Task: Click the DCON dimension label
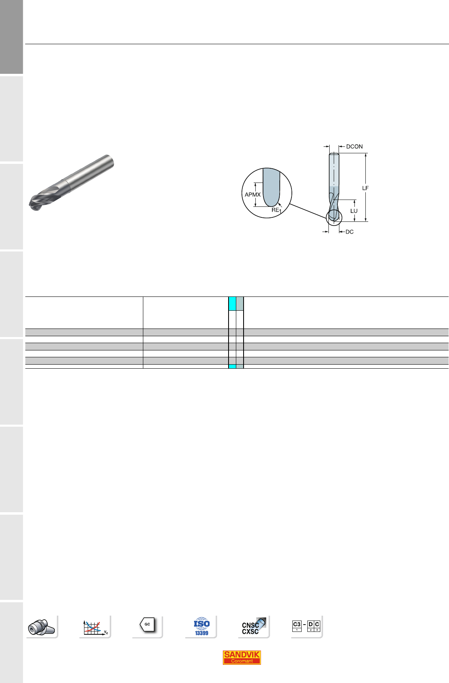coord(354,147)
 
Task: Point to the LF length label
coord(365,188)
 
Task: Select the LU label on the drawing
coord(354,210)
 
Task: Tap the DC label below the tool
coord(350,232)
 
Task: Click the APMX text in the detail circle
coord(253,195)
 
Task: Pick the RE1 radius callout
coord(276,210)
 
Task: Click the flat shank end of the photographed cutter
coord(110,161)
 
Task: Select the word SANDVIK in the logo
coord(242,654)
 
